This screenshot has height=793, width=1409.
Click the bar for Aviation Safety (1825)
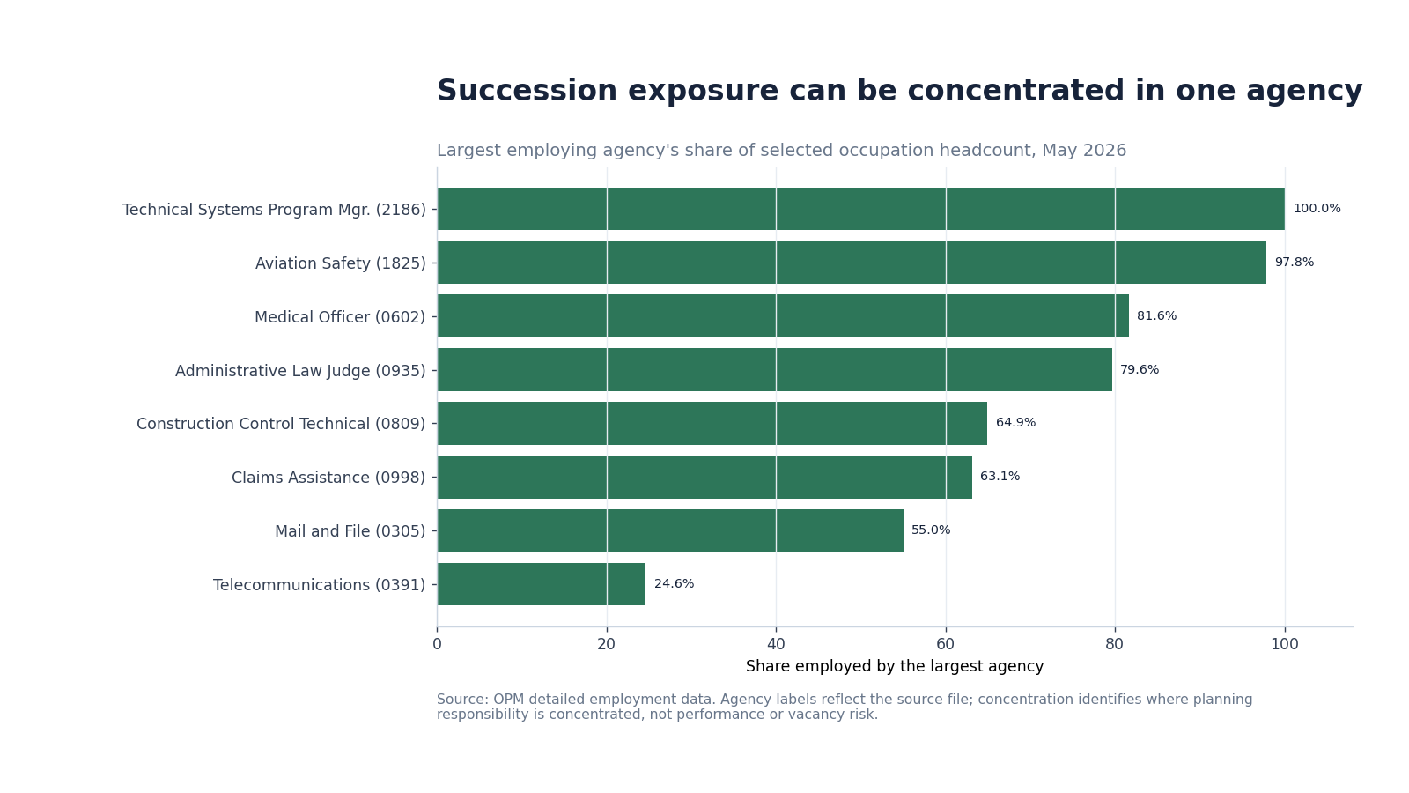pyautogui.click(x=852, y=263)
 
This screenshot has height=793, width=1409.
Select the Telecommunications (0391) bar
pyautogui.click(x=542, y=584)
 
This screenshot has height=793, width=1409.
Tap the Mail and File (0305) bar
pyautogui.click(x=670, y=530)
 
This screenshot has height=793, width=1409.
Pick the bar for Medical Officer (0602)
pyautogui.click(x=783, y=316)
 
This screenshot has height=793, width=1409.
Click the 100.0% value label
pyautogui.click(x=1317, y=208)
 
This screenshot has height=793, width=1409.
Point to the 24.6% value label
pyautogui.click(x=675, y=584)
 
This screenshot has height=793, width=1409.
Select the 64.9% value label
pyautogui.click(x=1016, y=423)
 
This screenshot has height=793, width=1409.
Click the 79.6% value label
pyautogui.click(x=1140, y=370)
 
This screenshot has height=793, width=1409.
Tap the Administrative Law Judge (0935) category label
pyautogui.click(x=300, y=371)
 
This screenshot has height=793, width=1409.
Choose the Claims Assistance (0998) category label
pyautogui.click(x=328, y=478)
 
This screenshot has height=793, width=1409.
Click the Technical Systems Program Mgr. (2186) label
pyautogui.click(x=274, y=210)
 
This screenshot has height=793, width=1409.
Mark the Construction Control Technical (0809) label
pyautogui.click(x=281, y=424)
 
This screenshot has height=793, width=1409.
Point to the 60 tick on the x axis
pyautogui.click(x=946, y=644)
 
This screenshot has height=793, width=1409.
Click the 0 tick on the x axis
pyautogui.click(x=437, y=644)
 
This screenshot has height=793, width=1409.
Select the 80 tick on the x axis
pyautogui.click(x=1115, y=644)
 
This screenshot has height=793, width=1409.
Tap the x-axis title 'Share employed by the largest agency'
pyautogui.click(x=895, y=666)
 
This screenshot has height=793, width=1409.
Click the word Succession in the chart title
pyautogui.click(x=527, y=91)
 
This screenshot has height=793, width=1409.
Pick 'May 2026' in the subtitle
pyautogui.click(x=1084, y=151)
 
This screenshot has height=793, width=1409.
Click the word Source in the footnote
pyautogui.click(x=462, y=700)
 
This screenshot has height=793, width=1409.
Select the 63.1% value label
pyautogui.click(x=1000, y=477)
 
